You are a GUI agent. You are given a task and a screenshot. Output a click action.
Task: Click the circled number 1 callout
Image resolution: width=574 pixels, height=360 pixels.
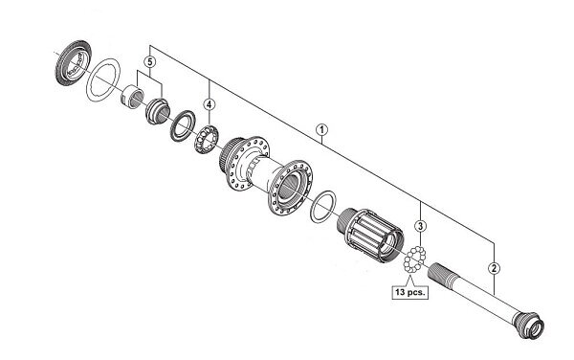(321, 129)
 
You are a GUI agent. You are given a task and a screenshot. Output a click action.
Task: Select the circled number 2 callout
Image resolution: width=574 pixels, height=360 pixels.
(494, 268)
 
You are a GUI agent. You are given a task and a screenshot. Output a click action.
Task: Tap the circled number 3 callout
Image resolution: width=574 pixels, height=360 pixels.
(420, 226)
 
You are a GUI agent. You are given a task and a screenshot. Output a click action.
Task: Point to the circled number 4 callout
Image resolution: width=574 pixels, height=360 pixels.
(209, 104)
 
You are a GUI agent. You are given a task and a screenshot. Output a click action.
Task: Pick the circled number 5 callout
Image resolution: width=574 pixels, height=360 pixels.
(150, 61)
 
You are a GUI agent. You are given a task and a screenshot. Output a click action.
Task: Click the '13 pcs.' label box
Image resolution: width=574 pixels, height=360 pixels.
(410, 292)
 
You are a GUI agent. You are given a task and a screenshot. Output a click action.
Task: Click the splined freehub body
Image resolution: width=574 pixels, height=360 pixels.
(370, 235)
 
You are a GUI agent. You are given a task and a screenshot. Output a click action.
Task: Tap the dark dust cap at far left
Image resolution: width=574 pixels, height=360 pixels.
(73, 63)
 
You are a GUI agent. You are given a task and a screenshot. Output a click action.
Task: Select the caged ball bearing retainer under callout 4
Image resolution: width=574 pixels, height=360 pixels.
(206, 139)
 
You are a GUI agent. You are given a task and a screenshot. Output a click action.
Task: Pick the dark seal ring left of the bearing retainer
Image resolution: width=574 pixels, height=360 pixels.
(183, 125)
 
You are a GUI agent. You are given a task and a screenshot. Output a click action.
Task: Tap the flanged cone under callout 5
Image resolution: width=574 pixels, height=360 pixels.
(158, 111)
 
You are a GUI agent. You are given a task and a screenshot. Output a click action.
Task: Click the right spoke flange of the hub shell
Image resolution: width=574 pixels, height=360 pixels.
(290, 187)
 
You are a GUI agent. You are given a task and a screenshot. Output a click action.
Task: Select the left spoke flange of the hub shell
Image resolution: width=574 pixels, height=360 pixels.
(246, 162)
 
